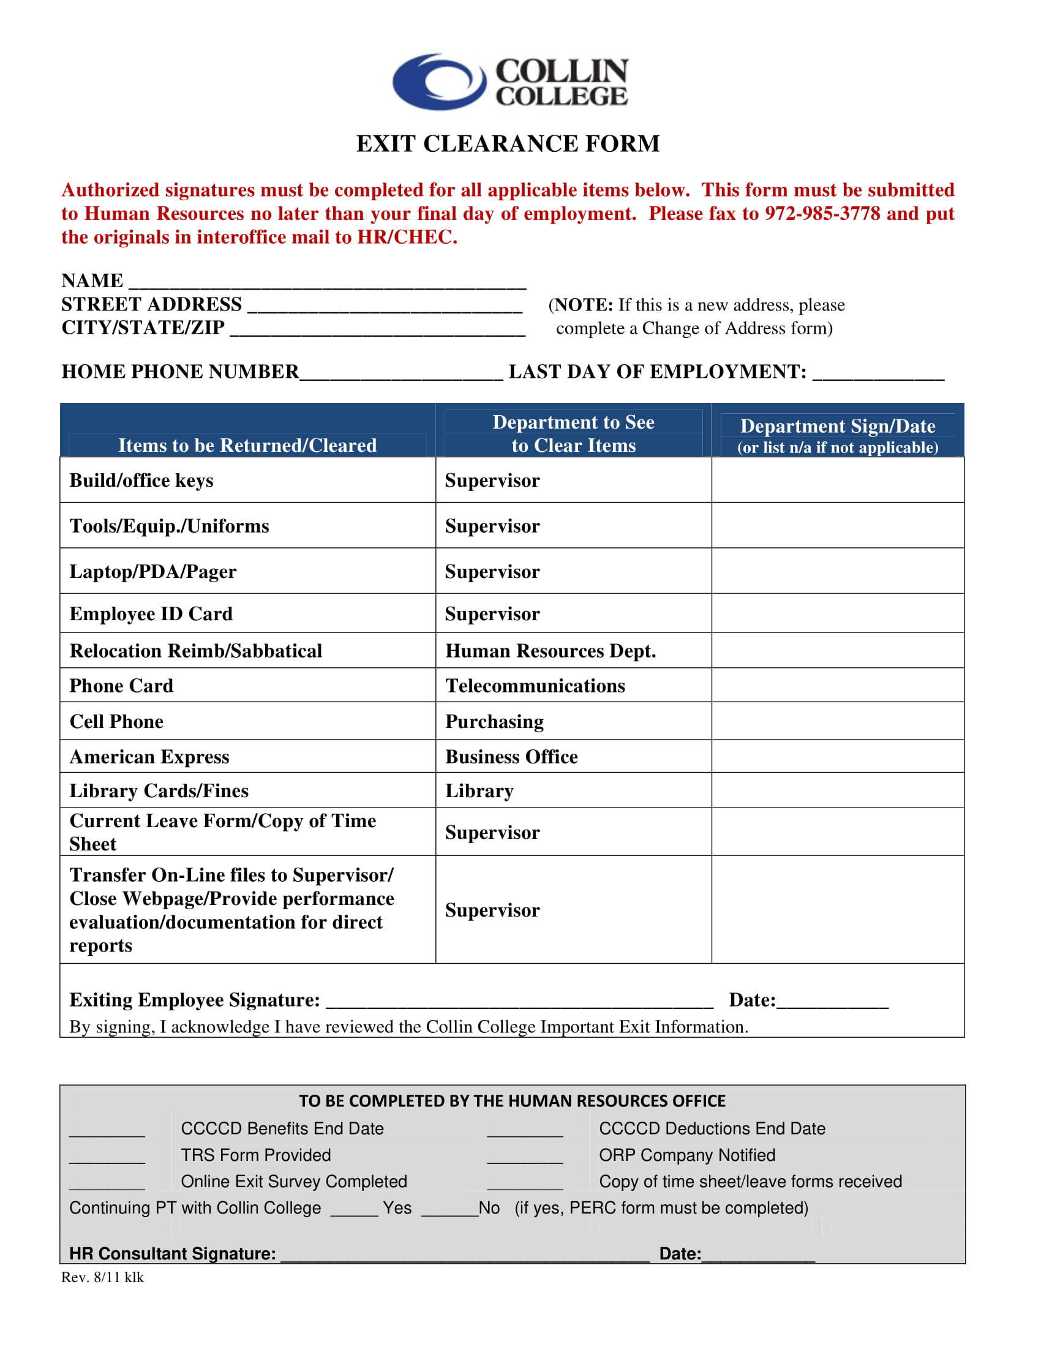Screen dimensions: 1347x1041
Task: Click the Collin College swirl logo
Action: [439, 81]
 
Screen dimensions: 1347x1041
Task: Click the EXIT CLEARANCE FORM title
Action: [508, 144]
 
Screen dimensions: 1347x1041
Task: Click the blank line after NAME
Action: [327, 282]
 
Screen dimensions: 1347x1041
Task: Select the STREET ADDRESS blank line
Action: [384, 307]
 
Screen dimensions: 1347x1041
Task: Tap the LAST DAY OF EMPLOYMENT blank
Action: [878, 373]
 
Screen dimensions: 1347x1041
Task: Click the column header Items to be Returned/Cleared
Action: [247, 445]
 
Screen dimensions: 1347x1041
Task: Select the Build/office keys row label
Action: [141, 481]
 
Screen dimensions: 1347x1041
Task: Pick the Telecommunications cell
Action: [535, 686]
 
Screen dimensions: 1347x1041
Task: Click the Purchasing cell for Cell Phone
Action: [494, 722]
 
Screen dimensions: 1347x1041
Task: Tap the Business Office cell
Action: [511, 757]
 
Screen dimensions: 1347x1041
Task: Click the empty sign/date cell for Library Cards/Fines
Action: [837, 790]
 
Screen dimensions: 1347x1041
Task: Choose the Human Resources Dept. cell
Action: [550, 651]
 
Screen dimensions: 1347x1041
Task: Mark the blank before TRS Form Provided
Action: [107, 1157]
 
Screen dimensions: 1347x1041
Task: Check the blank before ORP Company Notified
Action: [525, 1157]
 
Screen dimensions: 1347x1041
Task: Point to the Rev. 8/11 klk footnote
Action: [102, 1277]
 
